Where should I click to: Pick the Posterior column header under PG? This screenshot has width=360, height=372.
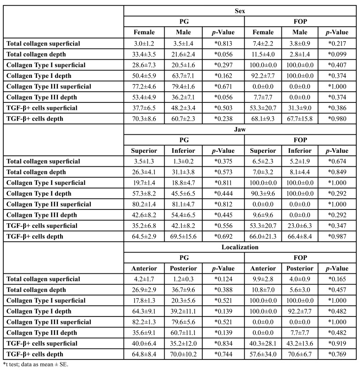184,268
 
